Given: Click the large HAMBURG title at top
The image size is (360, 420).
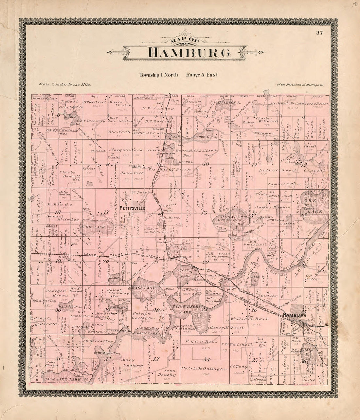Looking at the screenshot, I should tap(184, 53).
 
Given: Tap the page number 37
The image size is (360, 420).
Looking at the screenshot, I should tap(319, 32).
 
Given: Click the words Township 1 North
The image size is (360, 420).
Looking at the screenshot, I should tap(159, 75).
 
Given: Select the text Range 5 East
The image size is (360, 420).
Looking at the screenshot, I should tap(202, 75).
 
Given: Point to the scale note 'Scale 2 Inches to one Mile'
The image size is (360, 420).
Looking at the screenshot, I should tap(65, 84).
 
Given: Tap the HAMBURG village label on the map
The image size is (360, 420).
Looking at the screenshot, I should tap(295, 315).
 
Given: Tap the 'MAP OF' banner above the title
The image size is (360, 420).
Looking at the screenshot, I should tap(184, 41).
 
